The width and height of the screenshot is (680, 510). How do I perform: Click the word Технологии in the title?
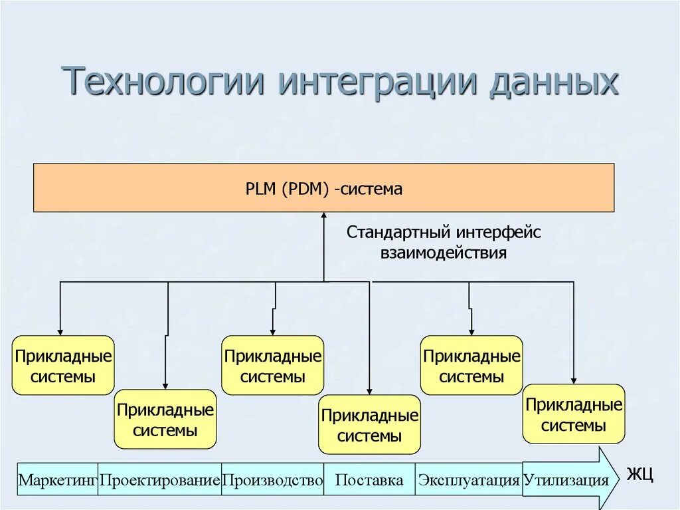(163, 82)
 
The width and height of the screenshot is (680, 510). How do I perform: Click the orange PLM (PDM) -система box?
(323, 188)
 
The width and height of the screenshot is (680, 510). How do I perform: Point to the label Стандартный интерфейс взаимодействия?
(444, 243)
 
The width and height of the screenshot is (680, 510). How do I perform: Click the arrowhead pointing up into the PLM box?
(324, 216)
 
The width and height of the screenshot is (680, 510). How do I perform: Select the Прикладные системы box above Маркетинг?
(63, 366)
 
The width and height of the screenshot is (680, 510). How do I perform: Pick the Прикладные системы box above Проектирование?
(165, 420)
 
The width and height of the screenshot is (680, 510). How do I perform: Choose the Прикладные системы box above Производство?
(273, 366)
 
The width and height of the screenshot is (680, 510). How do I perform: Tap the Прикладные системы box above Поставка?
(370, 425)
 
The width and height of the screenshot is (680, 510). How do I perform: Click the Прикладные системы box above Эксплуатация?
(471, 366)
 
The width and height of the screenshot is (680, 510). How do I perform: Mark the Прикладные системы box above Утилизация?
(574, 414)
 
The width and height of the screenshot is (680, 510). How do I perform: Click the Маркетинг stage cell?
(58, 479)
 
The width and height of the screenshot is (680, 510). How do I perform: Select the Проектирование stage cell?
(159, 479)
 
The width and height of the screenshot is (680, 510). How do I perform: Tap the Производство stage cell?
(272, 479)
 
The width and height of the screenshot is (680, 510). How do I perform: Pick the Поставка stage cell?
(369, 479)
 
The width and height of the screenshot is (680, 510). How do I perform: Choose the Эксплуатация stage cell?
(469, 479)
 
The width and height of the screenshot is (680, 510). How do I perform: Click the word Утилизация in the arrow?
(566, 480)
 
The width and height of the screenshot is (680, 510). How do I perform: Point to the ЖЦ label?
(640, 475)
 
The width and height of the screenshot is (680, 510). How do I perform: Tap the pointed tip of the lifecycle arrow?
(618, 479)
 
